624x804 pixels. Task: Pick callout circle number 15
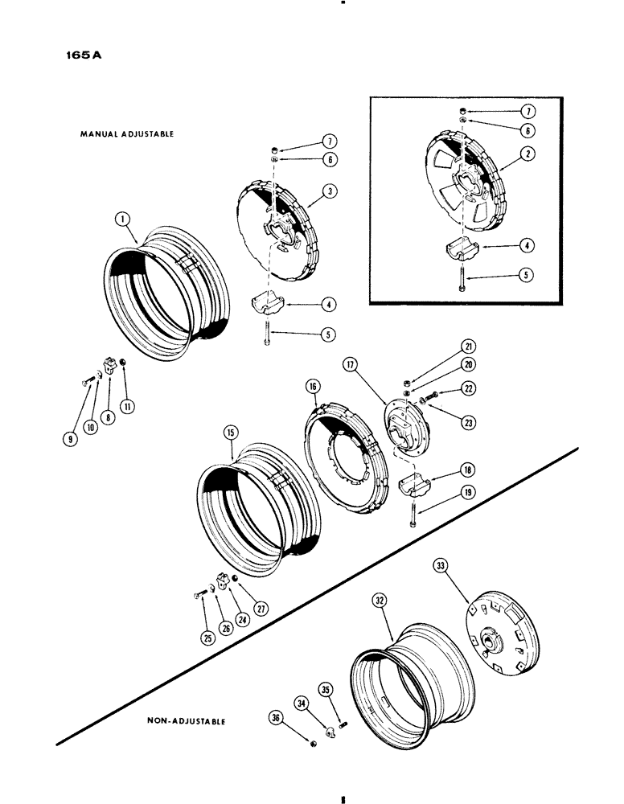point(231,435)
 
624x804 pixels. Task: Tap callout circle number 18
point(445,471)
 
